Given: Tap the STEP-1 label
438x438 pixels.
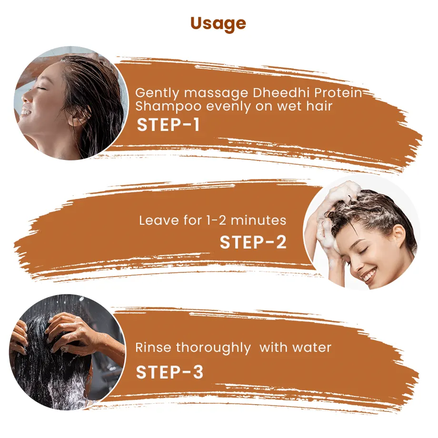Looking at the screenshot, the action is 169,125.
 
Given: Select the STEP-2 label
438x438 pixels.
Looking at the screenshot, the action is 253,242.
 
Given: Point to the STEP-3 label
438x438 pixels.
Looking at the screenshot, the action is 169,372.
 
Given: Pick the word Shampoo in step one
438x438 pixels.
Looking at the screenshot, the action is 169,107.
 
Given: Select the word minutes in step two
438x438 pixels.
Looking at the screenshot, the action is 259,220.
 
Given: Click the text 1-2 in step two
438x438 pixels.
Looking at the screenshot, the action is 216,221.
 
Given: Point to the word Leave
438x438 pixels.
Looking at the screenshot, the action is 159,220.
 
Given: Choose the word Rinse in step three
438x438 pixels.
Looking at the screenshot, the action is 153,348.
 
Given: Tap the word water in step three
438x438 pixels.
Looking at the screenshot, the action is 312,348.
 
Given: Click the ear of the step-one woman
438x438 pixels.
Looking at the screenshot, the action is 75,117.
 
